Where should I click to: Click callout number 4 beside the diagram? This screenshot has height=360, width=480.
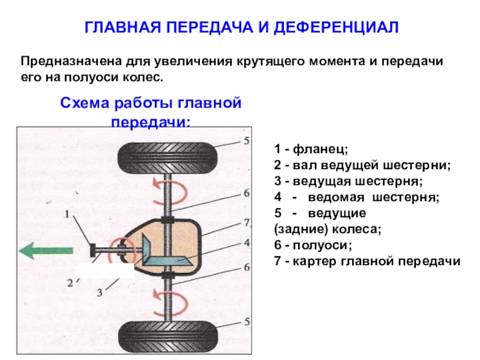(x=247, y=243)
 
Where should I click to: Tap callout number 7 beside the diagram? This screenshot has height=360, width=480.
(x=247, y=222)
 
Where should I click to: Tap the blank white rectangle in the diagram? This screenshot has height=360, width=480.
(x=106, y=271)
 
